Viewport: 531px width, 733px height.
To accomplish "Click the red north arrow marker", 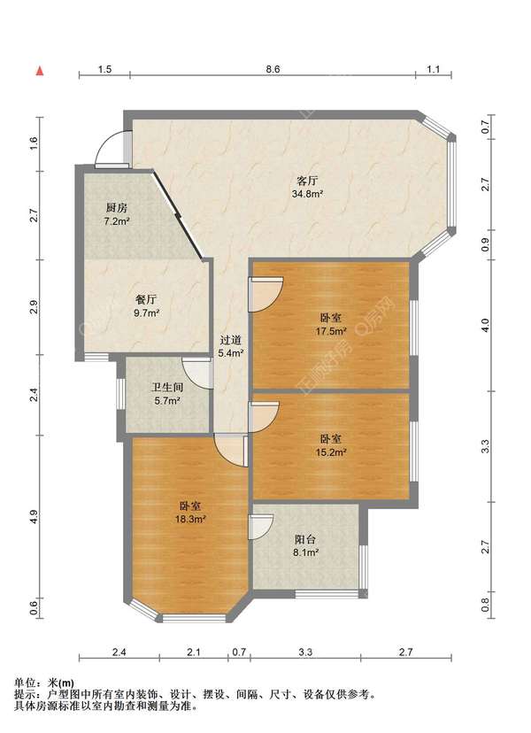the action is coord(40,71).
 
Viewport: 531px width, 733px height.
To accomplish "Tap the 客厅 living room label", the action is coord(308,181).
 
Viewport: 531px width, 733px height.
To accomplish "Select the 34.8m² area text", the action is coord(308,194).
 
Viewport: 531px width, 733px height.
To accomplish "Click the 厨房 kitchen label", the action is coord(117,208).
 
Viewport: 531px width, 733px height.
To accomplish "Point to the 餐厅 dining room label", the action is coord(146,299).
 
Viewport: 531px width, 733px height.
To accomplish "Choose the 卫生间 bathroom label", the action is coord(167,388).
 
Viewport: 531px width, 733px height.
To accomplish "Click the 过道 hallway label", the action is coord(230,340).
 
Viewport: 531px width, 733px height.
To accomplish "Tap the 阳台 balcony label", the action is coord(305,539).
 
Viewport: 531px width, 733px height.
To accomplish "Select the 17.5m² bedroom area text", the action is coord(331,331).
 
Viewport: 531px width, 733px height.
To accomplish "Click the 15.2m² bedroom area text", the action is coord(331,452).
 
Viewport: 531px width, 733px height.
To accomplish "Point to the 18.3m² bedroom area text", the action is coord(190,519).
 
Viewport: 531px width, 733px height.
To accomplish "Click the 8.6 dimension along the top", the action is coord(273,69).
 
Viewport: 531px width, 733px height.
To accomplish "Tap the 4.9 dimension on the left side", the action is coord(33,517).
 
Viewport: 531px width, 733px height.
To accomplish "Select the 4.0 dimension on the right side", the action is coord(485,325).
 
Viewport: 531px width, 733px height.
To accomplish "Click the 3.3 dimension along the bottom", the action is coord(305,652).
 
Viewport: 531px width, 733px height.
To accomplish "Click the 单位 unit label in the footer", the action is coord(23,683).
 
